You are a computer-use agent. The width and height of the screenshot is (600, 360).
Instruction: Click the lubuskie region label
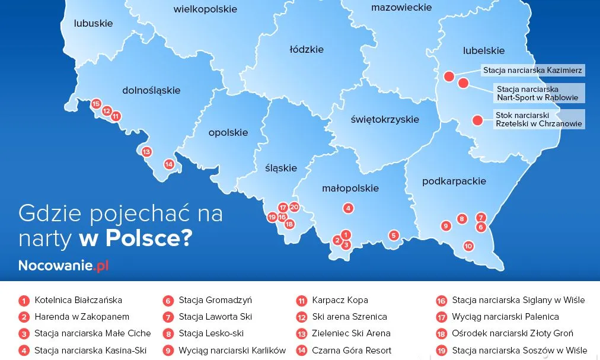coord(93,24)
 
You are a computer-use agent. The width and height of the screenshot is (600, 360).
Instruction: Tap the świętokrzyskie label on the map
coord(384,119)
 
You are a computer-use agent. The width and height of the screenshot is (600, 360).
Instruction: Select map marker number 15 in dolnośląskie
coord(96,104)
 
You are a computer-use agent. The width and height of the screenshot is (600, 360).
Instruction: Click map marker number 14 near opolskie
coord(169,164)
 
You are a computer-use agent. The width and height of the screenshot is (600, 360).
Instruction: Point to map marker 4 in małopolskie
coord(349,208)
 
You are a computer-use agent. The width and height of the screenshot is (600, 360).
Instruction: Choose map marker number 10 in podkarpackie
coord(468,246)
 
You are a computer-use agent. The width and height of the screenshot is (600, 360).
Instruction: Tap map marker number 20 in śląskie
coord(294,207)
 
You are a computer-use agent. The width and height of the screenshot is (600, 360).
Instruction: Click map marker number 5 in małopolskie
coord(393,235)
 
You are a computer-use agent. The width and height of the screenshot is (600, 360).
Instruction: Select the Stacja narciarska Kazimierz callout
coord(532,71)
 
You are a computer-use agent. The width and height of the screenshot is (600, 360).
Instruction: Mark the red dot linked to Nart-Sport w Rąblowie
coord(464,83)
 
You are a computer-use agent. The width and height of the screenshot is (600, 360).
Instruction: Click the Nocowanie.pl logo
coord(63,265)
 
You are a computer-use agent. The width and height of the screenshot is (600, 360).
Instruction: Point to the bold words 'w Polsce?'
coord(135,238)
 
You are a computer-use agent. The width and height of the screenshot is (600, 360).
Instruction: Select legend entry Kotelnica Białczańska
coord(78,300)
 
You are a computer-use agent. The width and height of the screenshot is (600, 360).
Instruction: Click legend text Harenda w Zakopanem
coord(82,317)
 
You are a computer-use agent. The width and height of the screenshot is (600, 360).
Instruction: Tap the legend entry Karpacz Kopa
coord(340,300)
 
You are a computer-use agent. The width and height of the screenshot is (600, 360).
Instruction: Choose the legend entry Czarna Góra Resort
coord(352,351)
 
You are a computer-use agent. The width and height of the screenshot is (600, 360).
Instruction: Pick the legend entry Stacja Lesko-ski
coord(211,333)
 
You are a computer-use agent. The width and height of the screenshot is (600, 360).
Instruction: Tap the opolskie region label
coord(228,133)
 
